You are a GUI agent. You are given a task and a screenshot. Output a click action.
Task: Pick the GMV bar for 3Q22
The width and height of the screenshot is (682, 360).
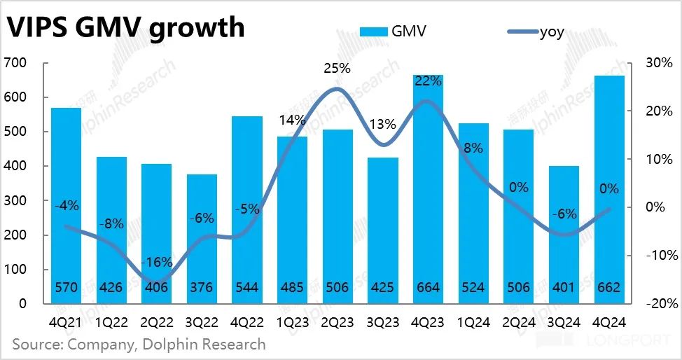pyautogui.click(x=202, y=238)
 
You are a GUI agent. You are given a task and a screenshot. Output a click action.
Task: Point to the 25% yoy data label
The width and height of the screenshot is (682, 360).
pyautogui.click(x=337, y=69)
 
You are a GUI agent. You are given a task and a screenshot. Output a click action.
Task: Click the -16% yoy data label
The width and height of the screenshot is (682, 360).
pyautogui.click(x=156, y=263)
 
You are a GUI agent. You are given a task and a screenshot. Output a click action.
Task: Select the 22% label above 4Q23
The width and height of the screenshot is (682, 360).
pyautogui.click(x=428, y=81)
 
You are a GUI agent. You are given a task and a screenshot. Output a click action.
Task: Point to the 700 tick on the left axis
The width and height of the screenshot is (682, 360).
pyautogui.click(x=15, y=63)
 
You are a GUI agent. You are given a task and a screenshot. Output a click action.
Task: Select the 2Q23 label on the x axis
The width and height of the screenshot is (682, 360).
pyautogui.click(x=337, y=323)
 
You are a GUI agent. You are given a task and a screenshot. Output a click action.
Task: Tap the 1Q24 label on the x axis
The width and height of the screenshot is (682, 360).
pyautogui.click(x=473, y=323)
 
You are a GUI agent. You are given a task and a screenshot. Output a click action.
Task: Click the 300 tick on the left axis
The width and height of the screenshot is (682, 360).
pyautogui.click(x=15, y=201)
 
